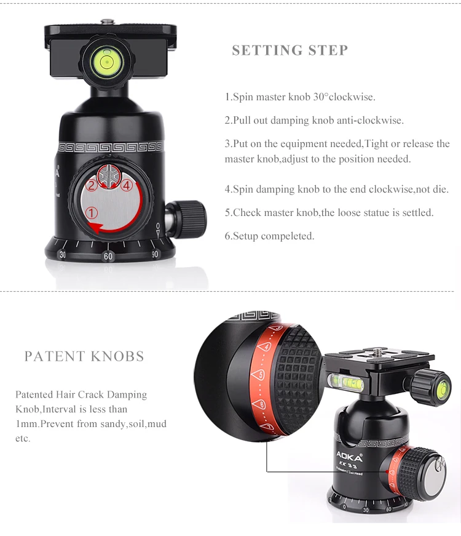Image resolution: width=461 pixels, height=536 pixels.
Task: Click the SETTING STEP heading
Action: click(290, 50)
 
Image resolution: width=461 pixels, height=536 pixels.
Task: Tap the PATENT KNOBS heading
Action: click(84, 356)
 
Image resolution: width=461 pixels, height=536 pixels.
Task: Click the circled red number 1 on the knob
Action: click(91, 213)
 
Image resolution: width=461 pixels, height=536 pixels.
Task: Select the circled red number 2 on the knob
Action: click(92, 185)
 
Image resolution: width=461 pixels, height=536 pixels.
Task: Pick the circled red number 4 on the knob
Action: click(127, 185)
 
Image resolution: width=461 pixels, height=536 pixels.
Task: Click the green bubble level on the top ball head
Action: click(107, 62)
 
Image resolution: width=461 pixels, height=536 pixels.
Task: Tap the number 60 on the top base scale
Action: click(108, 257)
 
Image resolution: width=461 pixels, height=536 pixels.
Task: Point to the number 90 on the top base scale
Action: click(155, 254)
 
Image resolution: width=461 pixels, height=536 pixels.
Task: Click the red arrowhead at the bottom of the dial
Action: click(96, 228)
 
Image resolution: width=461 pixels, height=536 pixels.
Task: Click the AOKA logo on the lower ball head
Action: click(349, 456)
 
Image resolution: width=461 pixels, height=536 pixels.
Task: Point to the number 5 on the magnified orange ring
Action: click(260, 375)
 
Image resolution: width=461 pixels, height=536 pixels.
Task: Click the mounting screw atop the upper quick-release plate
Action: click(108, 22)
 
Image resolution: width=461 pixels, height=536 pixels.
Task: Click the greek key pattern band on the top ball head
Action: click(111, 147)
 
